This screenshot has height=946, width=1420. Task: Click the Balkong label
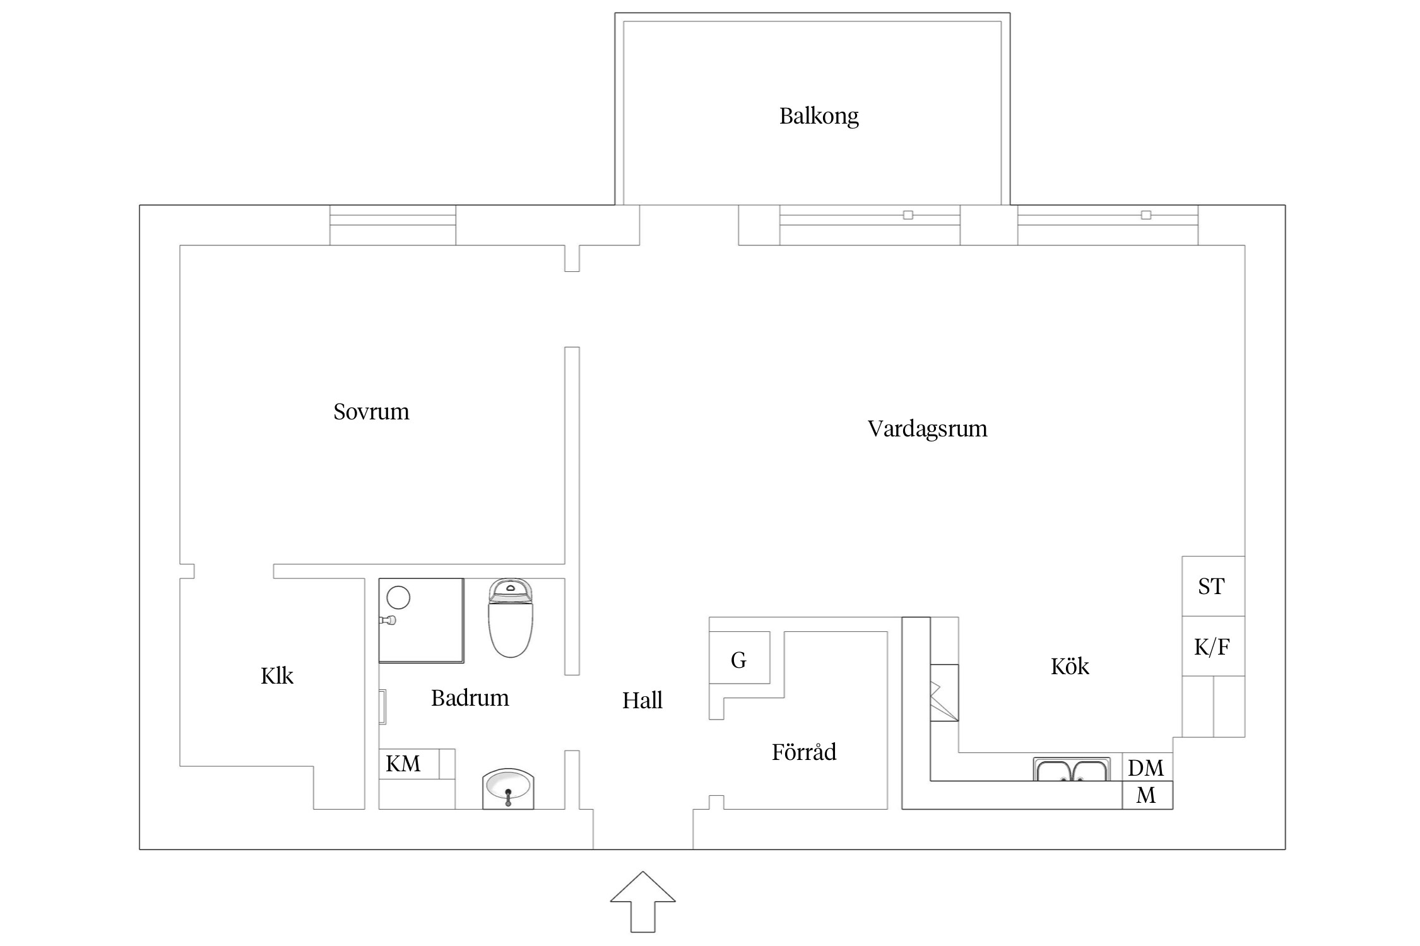point(819,116)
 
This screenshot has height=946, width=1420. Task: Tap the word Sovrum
point(371,412)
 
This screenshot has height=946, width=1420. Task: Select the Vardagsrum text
point(927,429)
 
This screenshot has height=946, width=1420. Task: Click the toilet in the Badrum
point(511,619)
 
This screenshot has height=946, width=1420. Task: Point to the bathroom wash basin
point(508,788)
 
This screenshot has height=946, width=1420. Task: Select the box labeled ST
point(1212,586)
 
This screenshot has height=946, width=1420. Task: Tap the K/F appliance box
point(1212,646)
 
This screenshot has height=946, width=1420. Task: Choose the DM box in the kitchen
point(1147,768)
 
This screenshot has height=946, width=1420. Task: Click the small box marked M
point(1147,795)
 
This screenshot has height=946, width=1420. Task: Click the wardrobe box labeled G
point(739,660)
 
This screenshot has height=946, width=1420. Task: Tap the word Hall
point(642,701)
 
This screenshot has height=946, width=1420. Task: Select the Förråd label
point(803,752)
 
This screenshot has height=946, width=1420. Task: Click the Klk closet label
point(276,676)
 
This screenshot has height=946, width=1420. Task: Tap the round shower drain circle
point(398,597)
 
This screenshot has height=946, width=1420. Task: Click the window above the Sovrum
point(393,225)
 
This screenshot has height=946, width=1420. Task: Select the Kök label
point(1070,667)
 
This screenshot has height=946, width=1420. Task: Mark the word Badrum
point(470,698)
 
